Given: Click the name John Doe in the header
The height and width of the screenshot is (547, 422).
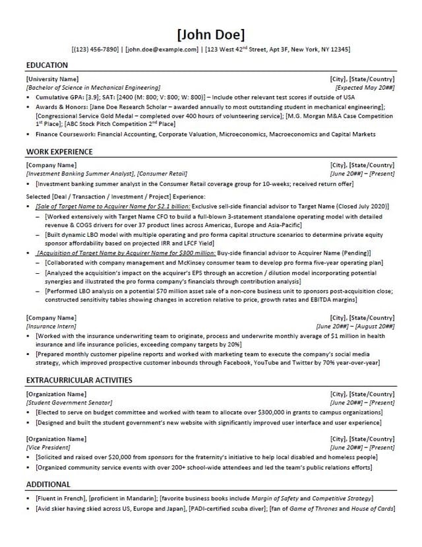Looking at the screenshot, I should click(210, 34).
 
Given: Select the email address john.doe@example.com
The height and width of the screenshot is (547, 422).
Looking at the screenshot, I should click(162, 49).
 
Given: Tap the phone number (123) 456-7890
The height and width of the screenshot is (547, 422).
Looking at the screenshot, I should click(96, 49).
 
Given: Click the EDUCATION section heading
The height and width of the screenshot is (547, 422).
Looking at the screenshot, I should click(47, 65).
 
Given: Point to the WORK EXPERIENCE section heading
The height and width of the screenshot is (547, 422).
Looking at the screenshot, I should click(59, 152).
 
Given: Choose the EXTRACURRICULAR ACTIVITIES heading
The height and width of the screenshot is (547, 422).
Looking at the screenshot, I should click(79, 380).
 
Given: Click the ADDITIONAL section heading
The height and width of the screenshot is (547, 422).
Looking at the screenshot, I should click(48, 484).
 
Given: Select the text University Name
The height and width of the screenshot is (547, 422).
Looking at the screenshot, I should click(52, 79).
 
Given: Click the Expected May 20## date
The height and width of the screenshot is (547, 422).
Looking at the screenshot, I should click(365, 87).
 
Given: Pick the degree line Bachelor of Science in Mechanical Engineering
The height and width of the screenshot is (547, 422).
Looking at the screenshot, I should click(93, 87).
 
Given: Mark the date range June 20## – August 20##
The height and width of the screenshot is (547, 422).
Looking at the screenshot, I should click(355, 326).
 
